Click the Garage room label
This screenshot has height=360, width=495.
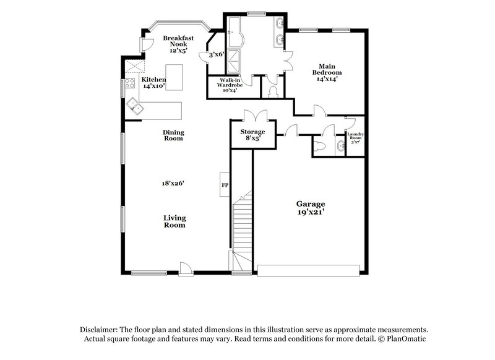click(x=310, y=204)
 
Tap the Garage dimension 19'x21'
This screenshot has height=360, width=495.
click(x=310, y=212)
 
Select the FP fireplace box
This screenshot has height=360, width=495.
click(x=225, y=184)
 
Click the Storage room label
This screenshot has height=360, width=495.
click(x=252, y=132)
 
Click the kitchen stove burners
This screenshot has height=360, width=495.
click(x=131, y=84)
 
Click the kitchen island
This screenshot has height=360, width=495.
click(x=175, y=77)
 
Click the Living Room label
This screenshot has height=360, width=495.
click(x=174, y=221)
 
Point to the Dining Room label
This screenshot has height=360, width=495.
click(x=173, y=135)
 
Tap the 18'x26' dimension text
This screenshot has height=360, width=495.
click(x=173, y=183)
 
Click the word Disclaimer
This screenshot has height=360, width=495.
click(x=97, y=330)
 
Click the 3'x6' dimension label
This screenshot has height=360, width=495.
click(x=216, y=54)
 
